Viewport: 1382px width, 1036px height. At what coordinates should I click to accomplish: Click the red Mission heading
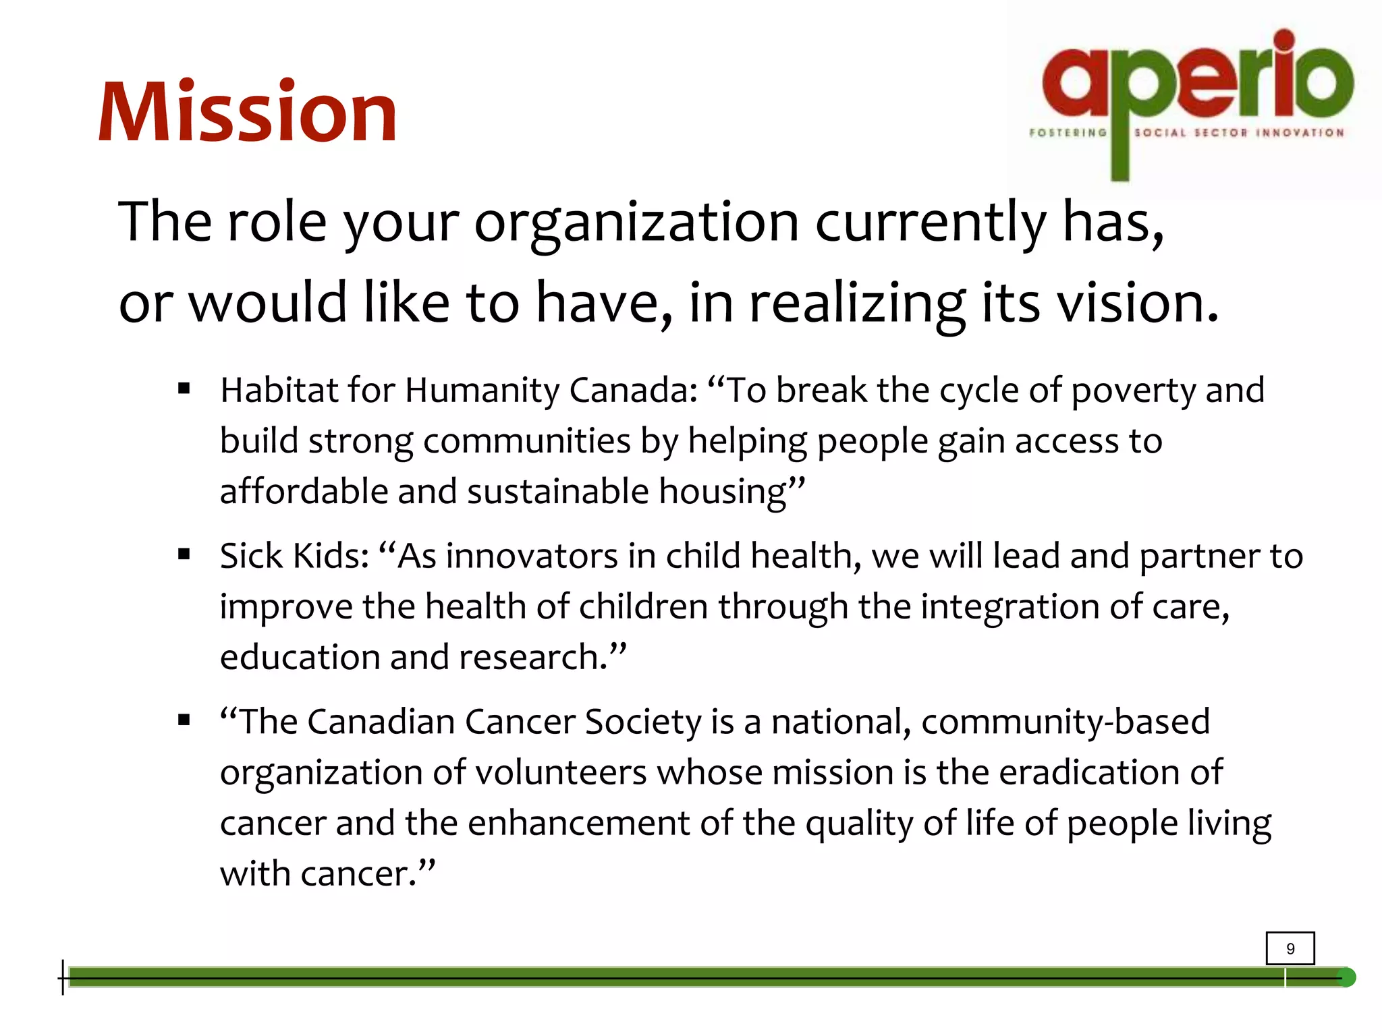tap(248, 113)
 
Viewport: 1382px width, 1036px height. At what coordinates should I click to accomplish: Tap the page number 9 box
tap(1290, 948)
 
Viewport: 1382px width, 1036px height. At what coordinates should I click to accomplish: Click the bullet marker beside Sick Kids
tap(184, 554)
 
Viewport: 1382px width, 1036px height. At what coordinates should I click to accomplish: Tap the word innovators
tap(532, 557)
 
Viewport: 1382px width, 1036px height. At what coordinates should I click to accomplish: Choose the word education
tap(300, 657)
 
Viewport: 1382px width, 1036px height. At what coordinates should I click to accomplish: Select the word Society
tap(643, 722)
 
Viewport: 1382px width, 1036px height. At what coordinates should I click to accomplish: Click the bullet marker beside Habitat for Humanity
tap(184, 388)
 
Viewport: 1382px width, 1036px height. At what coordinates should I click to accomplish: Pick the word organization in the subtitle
tap(636, 223)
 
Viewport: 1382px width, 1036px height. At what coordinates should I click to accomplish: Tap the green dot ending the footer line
tap(1346, 977)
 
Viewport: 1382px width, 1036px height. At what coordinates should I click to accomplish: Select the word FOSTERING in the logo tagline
tap(1068, 133)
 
